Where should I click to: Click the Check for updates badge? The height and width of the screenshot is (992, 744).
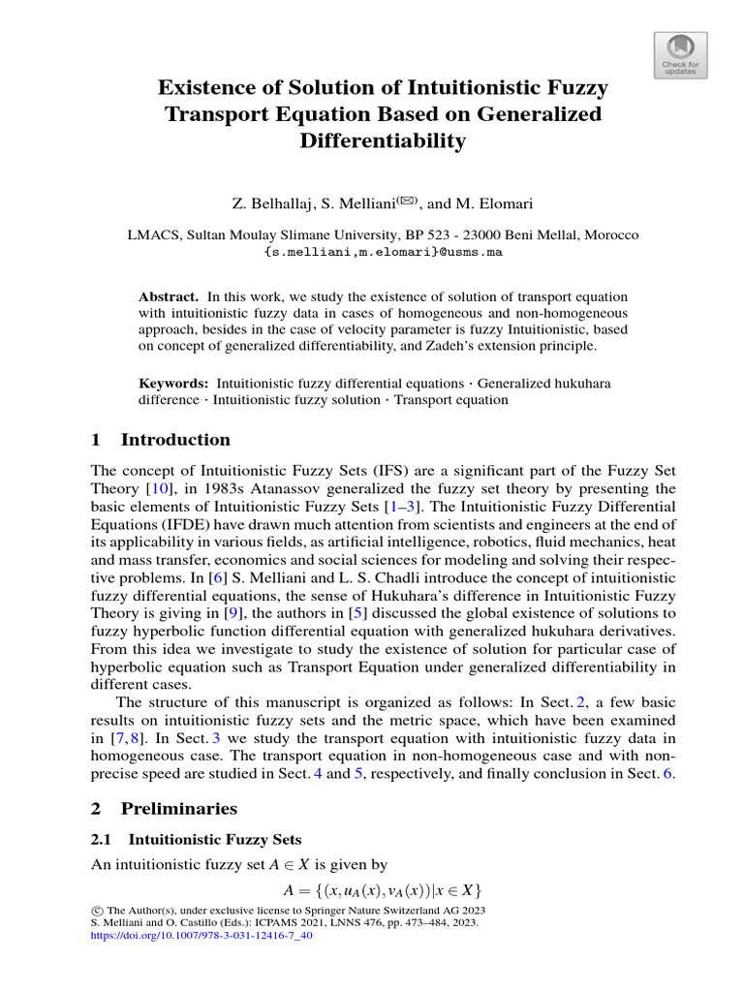coord(681,56)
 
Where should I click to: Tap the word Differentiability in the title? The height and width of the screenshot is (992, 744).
coord(384,140)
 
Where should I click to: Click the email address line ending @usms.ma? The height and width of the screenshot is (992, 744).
coord(384,252)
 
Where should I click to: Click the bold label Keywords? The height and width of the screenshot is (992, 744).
coord(173,384)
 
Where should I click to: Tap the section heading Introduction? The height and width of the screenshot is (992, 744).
coord(175,440)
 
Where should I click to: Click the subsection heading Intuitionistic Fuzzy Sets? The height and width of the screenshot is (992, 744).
coord(214,839)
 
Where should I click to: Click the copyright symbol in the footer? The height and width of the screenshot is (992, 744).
coord(96,912)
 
